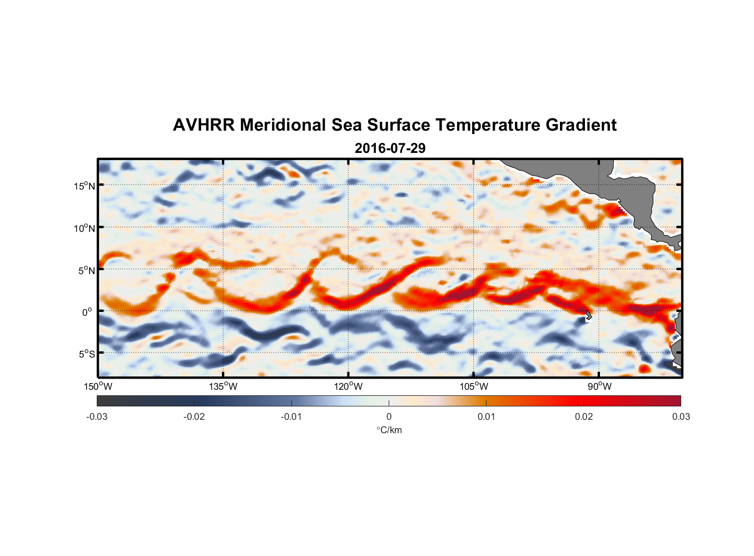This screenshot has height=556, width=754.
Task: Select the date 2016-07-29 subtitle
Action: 390,148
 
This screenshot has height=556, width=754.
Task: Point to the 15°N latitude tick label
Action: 85,186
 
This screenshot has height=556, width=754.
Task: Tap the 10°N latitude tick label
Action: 85,228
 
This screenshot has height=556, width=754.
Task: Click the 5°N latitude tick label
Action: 86,270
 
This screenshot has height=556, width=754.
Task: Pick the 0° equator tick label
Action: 88,312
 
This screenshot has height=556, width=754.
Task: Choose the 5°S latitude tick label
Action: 86,354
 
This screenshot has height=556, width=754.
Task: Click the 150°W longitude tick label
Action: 98,386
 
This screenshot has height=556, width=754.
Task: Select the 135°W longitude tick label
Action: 223,386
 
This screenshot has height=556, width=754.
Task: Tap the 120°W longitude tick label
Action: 348,386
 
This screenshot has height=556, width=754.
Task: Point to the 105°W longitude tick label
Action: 474,386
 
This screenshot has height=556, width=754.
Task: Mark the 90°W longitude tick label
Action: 599,386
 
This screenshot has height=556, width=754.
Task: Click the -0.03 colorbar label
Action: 97,417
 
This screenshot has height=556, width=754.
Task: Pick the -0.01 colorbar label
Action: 291,417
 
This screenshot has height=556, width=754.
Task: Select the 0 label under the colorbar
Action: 389,417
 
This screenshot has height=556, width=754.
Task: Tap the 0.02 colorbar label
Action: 584,417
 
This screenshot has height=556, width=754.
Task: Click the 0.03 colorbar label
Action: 681,417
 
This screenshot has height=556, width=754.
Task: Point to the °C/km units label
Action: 389,430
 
